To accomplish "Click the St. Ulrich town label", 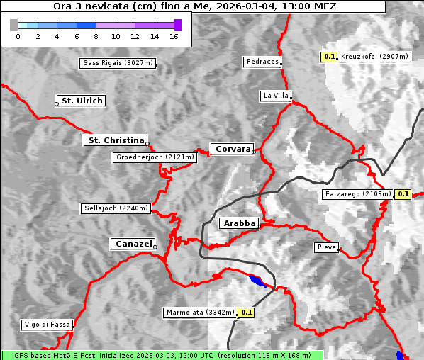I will pyautogui.click(x=82, y=101).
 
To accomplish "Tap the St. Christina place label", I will pyautogui.click(x=115, y=140).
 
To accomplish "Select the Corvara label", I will pyautogui.click(x=232, y=149).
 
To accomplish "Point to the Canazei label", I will pyautogui.click(x=132, y=244).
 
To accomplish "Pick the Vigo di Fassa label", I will pyautogui.click(x=47, y=325).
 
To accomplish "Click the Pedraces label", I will pyautogui.click(x=262, y=62).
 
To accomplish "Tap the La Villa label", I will pyautogui.click(x=275, y=95).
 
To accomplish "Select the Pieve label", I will pyautogui.click(x=326, y=247).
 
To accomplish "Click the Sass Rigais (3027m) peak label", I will pyautogui.click(x=118, y=63).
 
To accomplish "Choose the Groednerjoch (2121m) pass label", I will pyautogui.click(x=155, y=157).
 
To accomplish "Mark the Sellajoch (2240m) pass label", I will pyautogui.click(x=116, y=208).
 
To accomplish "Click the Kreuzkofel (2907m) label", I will pyautogui.click(x=374, y=56).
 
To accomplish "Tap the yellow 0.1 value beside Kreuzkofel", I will pyautogui.click(x=329, y=56).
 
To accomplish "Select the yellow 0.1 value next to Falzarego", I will pyautogui.click(x=403, y=193).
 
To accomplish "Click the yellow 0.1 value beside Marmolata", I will pyautogui.click(x=246, y=312).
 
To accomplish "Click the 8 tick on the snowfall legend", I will pyautogui.click(x=96, y=35).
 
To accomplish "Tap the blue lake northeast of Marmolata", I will pyautogui.click(x=258, y=281).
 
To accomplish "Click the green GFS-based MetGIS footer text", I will pyautogui.click(x=162, y=355).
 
